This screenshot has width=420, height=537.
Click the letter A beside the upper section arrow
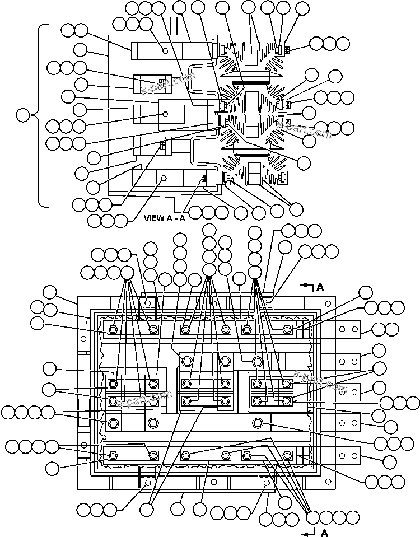320,287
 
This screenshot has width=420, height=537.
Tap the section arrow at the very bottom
309,530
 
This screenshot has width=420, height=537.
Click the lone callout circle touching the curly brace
24,116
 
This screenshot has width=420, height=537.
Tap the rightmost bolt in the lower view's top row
287,330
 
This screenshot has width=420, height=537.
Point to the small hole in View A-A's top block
166,50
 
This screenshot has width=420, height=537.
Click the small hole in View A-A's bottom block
164,178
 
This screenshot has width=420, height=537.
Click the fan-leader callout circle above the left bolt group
128,273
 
